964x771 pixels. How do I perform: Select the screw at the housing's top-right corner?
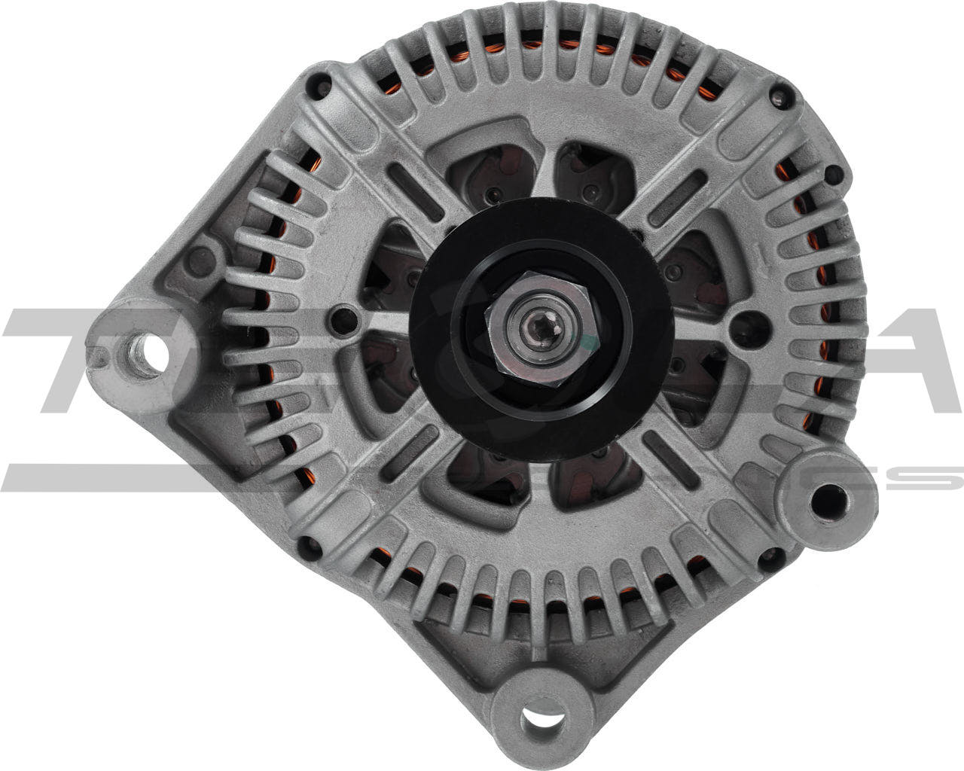pyautogui.click(x=779, y=94)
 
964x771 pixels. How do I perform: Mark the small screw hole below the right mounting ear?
pyautogui.click(x=767, y=558)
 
